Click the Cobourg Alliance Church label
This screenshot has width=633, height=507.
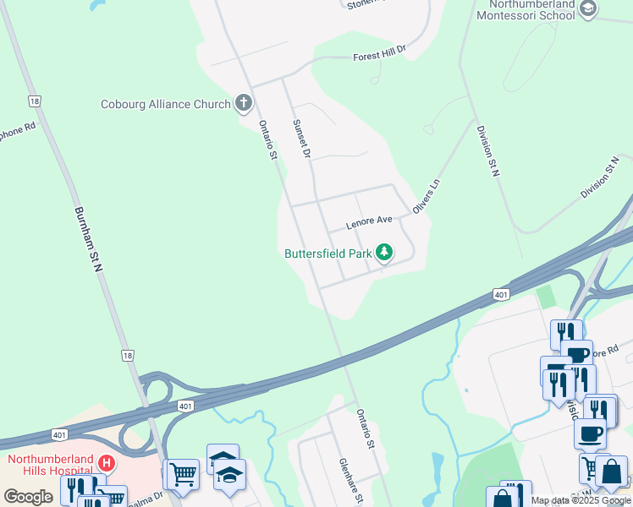point(165,104)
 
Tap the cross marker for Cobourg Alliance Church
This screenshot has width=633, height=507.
point(244,104)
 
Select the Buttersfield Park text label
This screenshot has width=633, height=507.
point(328,253)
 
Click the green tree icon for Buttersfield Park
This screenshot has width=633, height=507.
point(384,252)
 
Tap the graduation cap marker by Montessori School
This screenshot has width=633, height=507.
point(589,8)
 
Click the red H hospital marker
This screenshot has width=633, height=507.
point(107,463)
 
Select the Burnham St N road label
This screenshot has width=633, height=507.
point(88,239)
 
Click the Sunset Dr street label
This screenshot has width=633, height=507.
point(302,139)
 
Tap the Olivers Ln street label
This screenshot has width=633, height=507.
point(427,195)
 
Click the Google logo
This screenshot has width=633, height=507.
point(28,496)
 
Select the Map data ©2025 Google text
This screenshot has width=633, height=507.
point(581,500)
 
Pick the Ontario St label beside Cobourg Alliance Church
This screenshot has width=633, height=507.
point(268,139)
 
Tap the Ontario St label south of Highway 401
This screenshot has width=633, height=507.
point(365,428)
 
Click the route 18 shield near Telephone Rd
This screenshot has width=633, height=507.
point(34,101)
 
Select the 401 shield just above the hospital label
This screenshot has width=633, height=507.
point(58,434)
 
